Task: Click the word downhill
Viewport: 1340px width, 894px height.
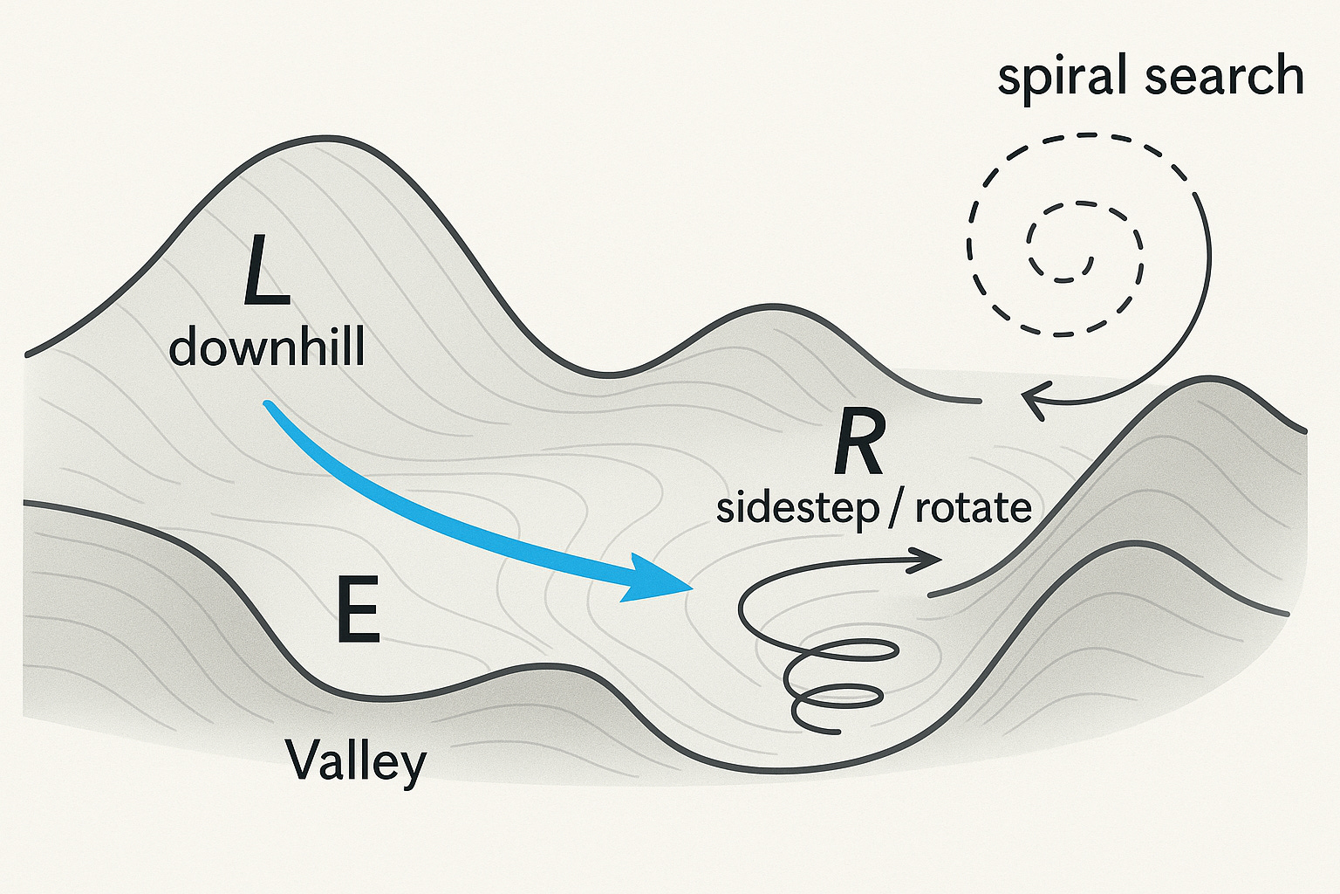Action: (x=266, y=347)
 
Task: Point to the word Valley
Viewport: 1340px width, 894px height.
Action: (x=356, y=761)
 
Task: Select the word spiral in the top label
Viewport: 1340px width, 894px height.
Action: (x=1065, y=77)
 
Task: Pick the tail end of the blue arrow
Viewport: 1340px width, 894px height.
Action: (x=269, y=405)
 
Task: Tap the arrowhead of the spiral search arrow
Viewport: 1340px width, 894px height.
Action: (x=1032, y=402)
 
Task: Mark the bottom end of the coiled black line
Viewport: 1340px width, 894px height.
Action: (x=837, y=730)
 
